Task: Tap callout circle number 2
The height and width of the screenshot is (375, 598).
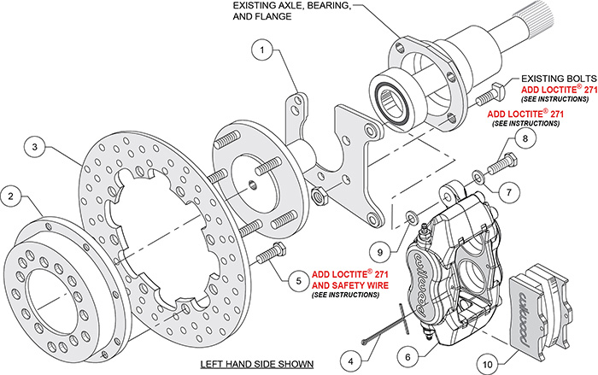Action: (13, 197)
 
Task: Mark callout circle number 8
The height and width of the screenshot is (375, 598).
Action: (526, 138)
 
